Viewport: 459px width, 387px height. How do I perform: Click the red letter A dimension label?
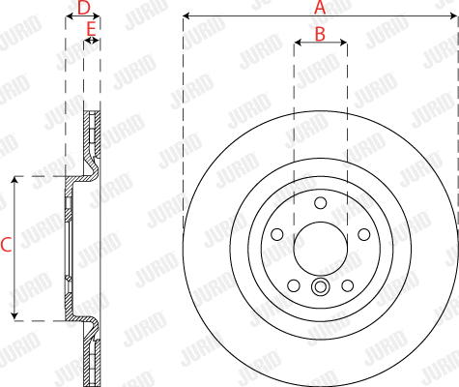(320, 7)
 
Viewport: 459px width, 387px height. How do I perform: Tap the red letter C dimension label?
(6, 246)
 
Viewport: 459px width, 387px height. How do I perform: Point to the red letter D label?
(84, 8)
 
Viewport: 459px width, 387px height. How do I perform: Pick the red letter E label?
(91, 30)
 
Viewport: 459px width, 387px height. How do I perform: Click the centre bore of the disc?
(320, 248)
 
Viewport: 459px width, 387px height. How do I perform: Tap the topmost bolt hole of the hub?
(320, 201)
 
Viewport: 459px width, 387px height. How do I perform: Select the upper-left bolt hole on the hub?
(277, 233)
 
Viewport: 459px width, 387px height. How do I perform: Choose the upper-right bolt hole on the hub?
(363, 233)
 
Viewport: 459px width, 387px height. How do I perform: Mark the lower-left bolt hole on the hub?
(294, 285)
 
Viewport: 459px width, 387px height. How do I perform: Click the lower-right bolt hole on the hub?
(347, 285)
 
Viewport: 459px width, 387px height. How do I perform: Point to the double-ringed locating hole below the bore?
(320, 286)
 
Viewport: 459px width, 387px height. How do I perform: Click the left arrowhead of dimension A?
(186, 16)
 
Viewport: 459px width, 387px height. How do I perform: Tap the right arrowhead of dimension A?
(454, 16)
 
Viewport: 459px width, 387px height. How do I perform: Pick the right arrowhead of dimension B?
(343, 44)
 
